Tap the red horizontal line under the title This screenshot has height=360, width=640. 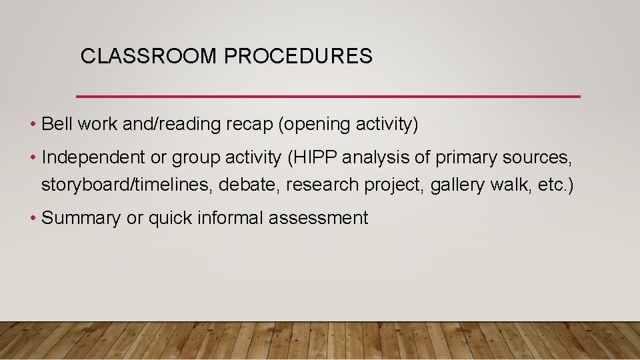328,97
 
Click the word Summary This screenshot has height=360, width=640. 81,218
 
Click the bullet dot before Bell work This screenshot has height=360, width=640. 33,125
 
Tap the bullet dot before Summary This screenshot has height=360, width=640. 33,218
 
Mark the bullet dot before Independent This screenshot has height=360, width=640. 33,158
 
